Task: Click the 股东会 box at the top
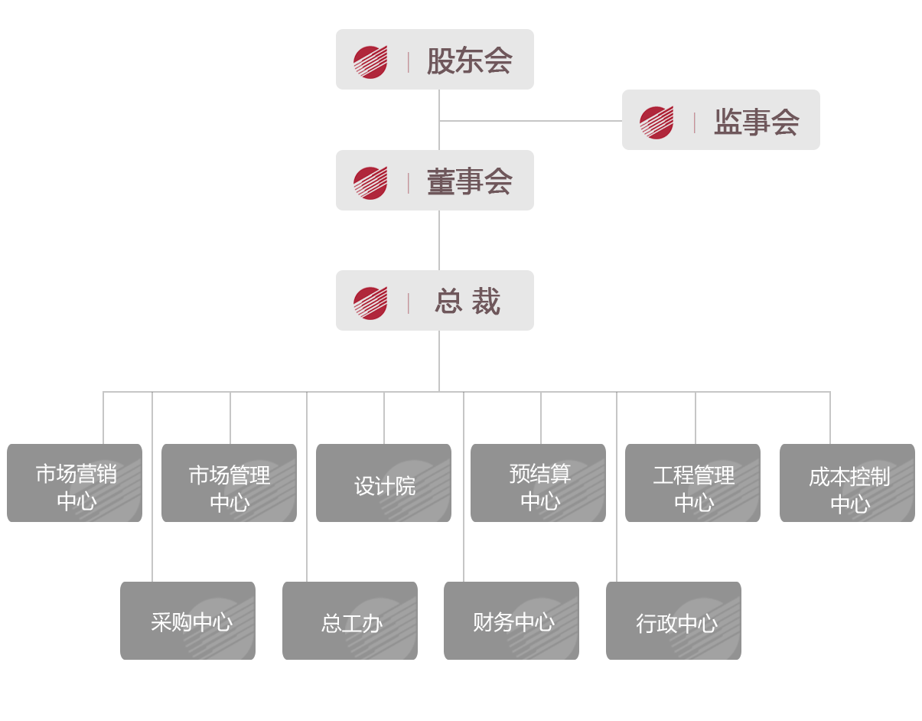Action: coord(435,60)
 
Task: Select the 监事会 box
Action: coord(721,120)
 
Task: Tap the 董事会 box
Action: coord(435,181)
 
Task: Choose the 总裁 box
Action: coord(435,301)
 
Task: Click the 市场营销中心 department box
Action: coord(75,483)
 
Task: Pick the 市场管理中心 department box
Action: coord(230,483)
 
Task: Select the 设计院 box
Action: coord(384,483)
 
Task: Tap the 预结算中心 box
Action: coord(539,483)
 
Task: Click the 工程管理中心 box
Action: coord(693,483)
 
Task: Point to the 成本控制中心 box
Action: coord(848,483)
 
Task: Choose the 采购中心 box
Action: coord(188,621)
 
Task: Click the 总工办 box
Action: coord(350,621)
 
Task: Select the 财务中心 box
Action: coord(512,621)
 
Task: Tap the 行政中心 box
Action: coord(674,621)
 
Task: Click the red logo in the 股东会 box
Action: coord(370,62)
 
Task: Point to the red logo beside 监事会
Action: coord(656,122)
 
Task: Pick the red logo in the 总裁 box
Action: coord(370,303)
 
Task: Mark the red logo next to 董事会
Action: coord(370,183)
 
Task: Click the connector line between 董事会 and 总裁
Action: coord(439,240)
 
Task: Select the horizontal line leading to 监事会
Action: coord(531,121)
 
